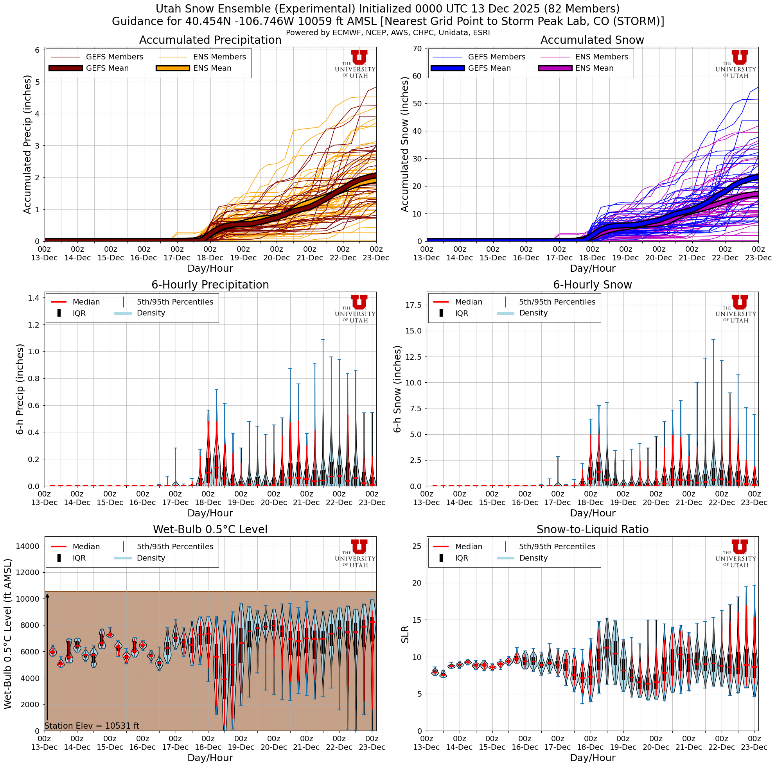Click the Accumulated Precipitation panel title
(210, 40)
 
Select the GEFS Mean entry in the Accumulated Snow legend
(489, 68)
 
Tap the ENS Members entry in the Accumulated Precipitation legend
(219, 57)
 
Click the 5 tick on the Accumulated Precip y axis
(37, 82)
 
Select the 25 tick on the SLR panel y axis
(417, 546)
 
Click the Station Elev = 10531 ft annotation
(92, 726)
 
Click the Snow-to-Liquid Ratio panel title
(593, 529)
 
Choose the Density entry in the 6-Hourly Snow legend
(533, 313)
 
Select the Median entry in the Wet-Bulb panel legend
(86, 547)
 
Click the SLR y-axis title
(405, 634)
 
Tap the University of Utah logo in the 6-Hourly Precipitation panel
(356, 309)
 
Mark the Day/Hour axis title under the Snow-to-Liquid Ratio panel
(593, 758)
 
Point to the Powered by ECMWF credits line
(388, 33)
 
